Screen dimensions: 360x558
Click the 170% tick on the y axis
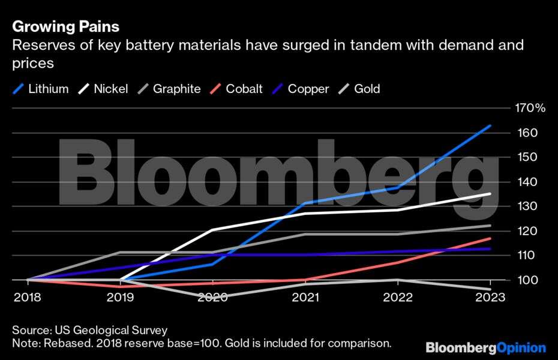530,109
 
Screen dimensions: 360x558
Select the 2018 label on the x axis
28,298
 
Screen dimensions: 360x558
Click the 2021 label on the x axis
305,298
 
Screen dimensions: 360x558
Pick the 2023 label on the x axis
491,298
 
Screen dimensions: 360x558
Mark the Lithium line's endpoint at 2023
491,126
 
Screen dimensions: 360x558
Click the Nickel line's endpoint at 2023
491,194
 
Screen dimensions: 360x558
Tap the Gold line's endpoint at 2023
491,289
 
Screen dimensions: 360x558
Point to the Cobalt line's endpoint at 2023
491,239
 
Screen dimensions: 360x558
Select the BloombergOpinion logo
486,348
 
